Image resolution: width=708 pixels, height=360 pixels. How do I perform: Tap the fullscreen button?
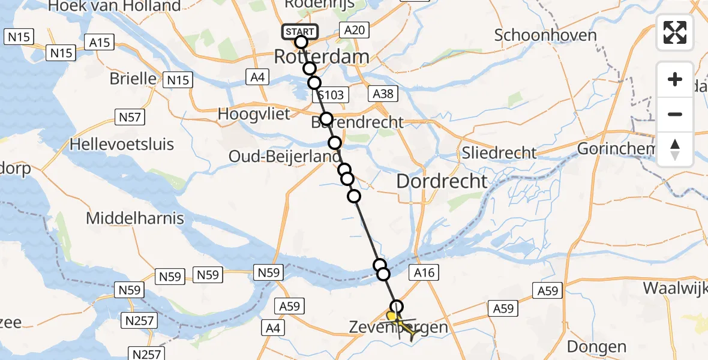click(675, 32)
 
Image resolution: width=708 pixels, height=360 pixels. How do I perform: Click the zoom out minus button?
click(675, 114)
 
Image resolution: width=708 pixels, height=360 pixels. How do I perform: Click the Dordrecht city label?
click(442, 181)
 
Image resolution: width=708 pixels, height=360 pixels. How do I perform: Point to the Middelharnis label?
click(135, 218)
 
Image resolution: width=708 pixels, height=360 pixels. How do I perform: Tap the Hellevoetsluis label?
click(122, 144)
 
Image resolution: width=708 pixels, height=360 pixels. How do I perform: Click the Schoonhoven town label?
click(545, 35)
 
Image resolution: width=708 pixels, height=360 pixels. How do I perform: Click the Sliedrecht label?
click(499, 152)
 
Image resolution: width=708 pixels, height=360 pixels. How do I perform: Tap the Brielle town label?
click(133, 79)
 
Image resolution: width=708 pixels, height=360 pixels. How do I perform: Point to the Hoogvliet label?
click(254, 113)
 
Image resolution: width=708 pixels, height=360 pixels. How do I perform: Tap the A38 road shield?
click(383, 94)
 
